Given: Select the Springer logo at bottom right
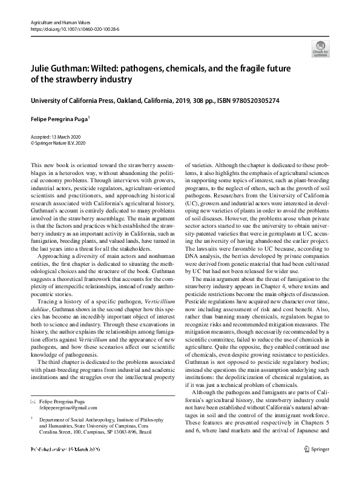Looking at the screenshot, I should [x=316, y=466].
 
